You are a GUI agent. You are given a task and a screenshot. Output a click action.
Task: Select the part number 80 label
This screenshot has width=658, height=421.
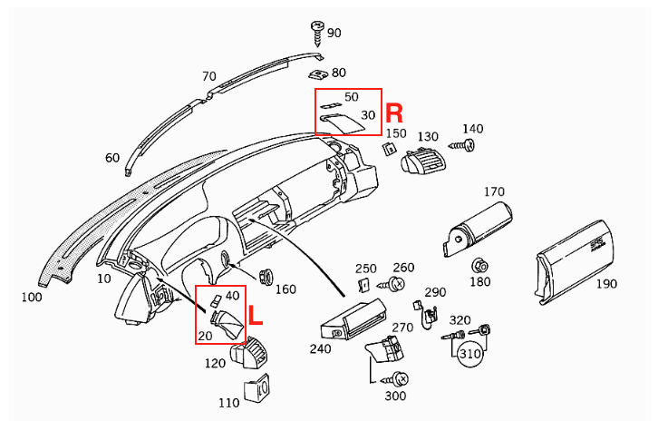339,72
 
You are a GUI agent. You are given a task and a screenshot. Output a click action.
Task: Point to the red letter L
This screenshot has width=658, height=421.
256,316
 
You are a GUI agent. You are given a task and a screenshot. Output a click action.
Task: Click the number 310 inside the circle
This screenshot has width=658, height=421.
469,353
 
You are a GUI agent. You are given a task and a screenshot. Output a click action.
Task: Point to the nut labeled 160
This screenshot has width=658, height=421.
266,276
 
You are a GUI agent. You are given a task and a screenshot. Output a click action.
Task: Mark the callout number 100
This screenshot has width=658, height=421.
31,297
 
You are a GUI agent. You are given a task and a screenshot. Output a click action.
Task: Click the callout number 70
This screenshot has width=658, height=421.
208,76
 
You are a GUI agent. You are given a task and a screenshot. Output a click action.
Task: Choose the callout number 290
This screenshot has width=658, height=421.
435,292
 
